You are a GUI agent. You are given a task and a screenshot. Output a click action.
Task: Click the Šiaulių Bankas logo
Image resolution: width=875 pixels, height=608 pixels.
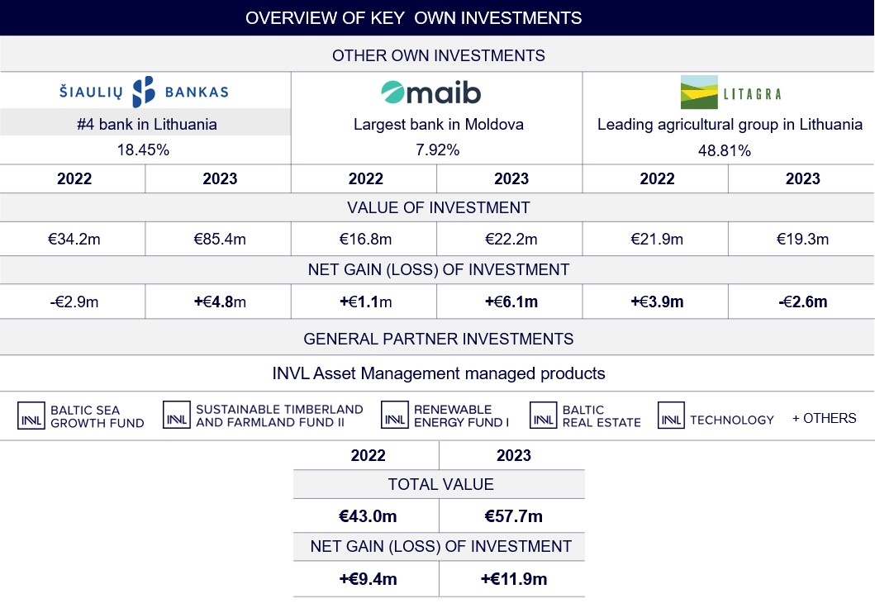pyautogui.click(x=145, y=92)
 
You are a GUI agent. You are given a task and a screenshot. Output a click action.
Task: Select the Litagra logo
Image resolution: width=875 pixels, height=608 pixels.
pyautogui.click(x=730, y=92)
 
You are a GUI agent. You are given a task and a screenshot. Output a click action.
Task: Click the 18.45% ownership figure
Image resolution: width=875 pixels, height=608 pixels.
pyautogui.click(x=145, y=150)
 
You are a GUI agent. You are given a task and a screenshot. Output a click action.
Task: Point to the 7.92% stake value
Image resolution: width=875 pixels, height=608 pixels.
pyautogui.click(x=438, y=150)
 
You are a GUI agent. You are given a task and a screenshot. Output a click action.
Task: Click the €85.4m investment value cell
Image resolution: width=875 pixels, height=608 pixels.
pyautogui.click(x=218, y=240)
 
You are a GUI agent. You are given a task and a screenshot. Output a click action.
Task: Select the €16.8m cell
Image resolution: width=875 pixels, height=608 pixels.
pyautogui.click(x=365, y=240)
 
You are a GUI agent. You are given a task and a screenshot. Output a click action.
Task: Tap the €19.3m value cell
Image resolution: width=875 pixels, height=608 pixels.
pyautogui.click(x=801, y=240)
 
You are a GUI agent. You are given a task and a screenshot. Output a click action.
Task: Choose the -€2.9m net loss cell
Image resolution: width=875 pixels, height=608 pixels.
pyautogui.click(x=73, y=302)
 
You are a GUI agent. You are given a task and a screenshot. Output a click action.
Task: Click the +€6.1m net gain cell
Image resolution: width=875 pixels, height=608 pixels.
pyautogui.click(x=511, y=302)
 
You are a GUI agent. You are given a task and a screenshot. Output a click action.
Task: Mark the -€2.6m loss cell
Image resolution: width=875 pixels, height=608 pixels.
pyautogui.click(x=801, y=302)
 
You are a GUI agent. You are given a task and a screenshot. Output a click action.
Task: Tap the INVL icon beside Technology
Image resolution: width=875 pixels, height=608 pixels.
pyautogui.click(x=671, y=416)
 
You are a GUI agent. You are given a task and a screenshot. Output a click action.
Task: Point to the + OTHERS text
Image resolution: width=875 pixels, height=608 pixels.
pyautogui.click(x=824, y=418)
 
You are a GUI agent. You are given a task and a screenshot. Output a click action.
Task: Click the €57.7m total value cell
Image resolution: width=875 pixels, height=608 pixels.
pyautogui.click(x=513, y=517)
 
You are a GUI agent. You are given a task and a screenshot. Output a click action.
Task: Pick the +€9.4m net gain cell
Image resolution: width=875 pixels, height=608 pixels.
pyautogui.click(x=368, y=579)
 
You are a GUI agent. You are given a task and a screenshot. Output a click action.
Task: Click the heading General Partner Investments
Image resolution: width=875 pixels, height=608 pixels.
pyautogui.click(x=438, y=339)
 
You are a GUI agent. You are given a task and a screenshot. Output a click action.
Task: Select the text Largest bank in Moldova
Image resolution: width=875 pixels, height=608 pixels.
pyautogui.click(x=438, y=125)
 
